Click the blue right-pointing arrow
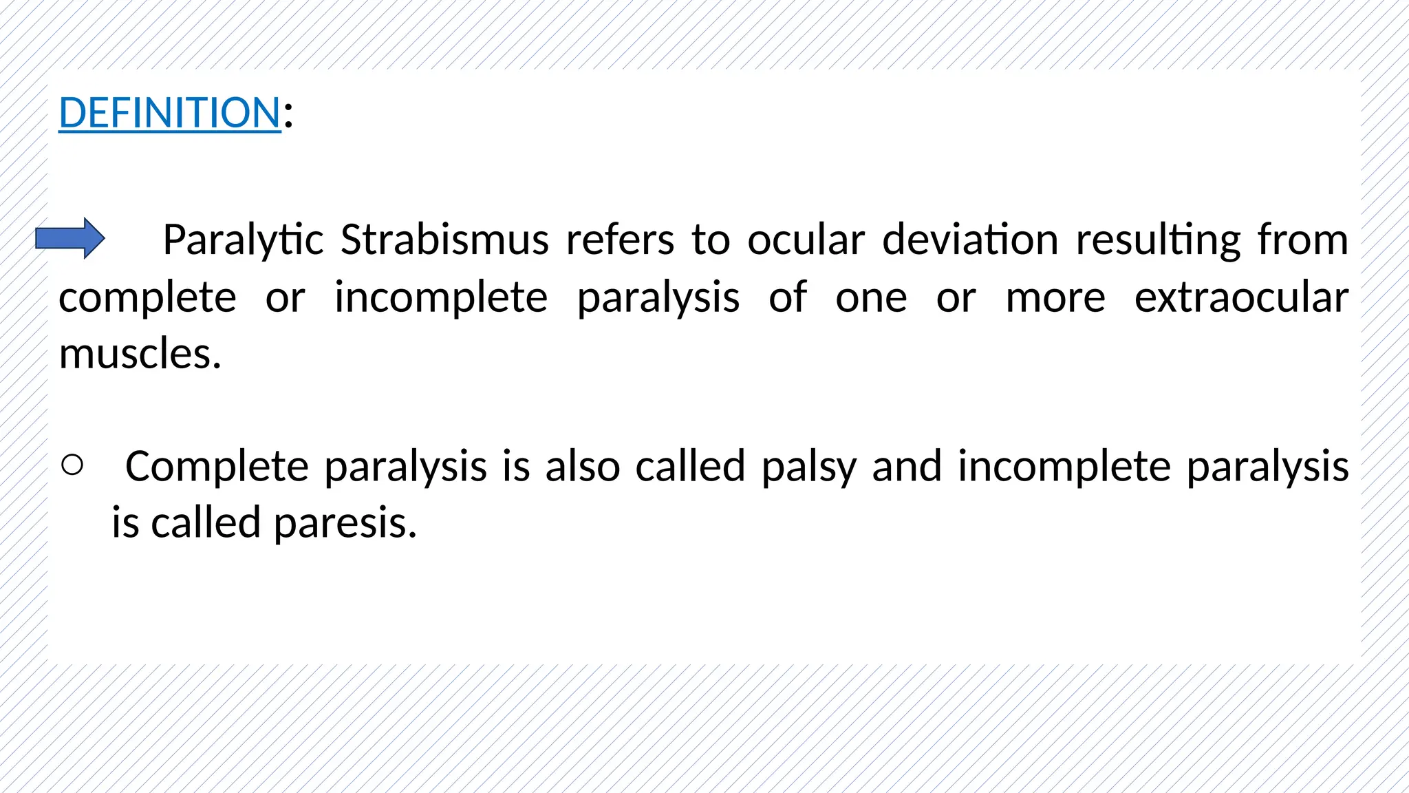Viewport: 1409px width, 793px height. (x=70, y=238)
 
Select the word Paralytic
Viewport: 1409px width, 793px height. (x=243, y=240)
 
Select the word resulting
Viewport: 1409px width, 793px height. (x=1158, y=241)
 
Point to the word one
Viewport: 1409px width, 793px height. (x=871, y=299)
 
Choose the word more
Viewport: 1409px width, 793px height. (x=1055, y=299)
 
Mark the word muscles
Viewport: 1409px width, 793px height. (x=140, y=355)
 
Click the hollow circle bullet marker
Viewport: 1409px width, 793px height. (x=72, y=465)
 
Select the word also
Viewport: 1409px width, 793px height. (x=583, y=466)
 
